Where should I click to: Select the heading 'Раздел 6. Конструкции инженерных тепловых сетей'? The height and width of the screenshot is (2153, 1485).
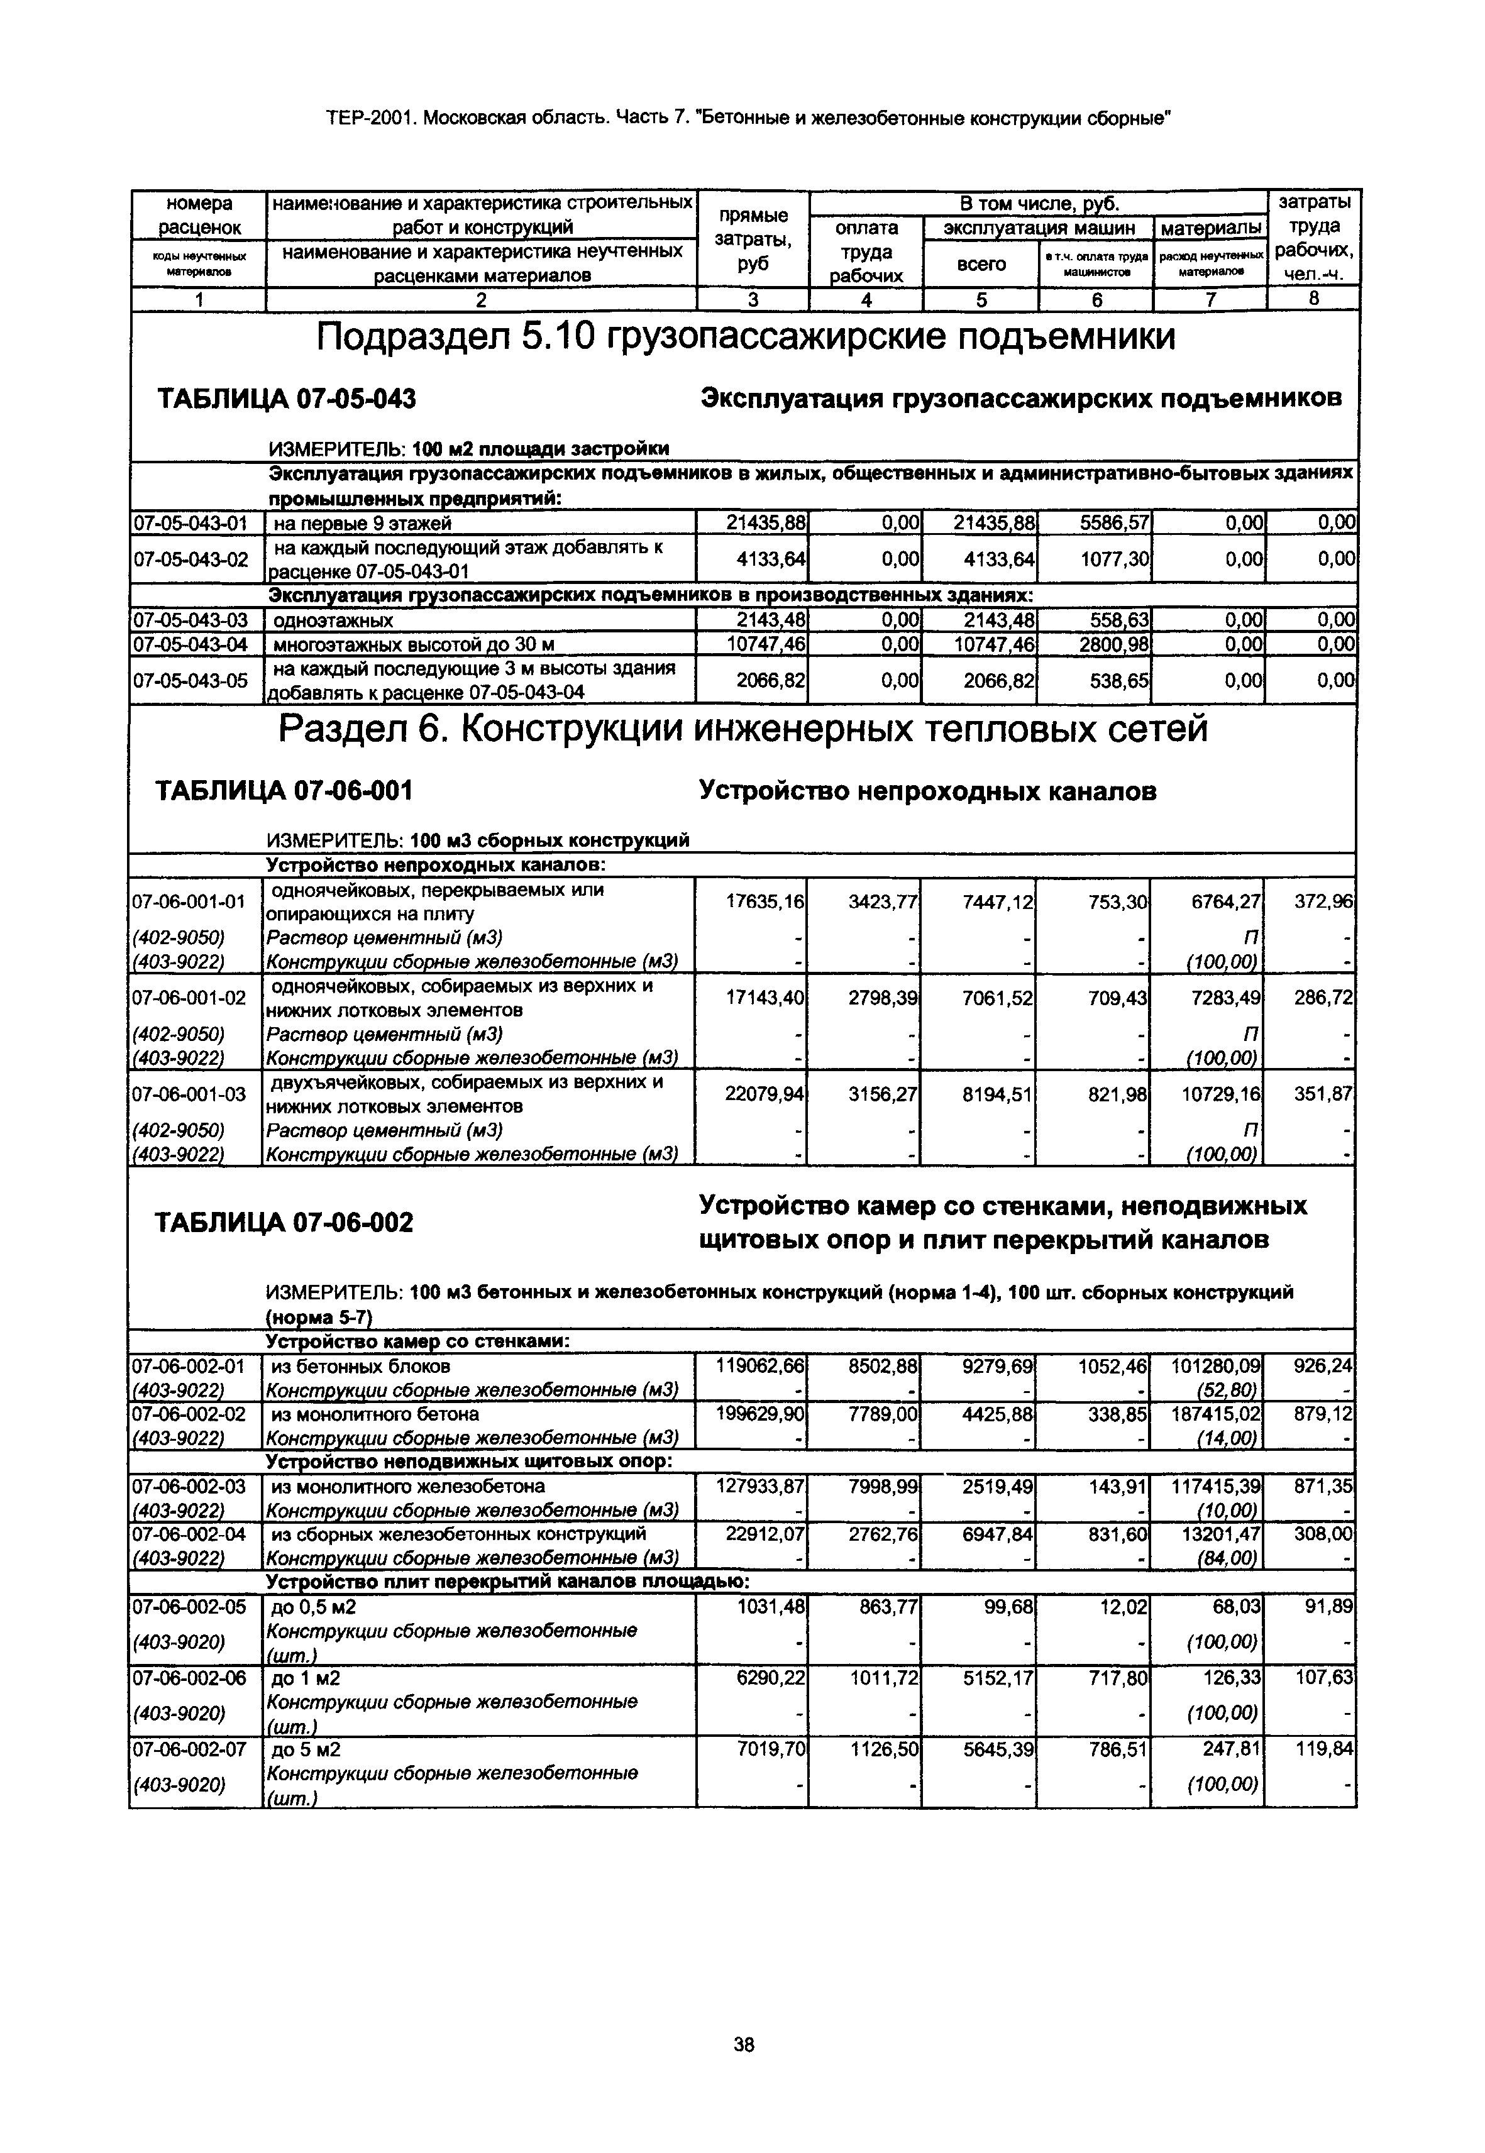pos(742,729)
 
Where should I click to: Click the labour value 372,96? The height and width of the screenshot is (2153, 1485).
pos(1324,901)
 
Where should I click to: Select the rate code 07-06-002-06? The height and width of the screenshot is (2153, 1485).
pos(190,1678)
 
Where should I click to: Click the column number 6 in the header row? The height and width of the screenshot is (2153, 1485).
pos(1096,300)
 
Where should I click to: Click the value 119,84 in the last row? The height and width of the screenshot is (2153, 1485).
pos(1325,1750)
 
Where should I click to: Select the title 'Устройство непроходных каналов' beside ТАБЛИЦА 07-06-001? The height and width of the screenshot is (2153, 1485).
pos(927,792)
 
